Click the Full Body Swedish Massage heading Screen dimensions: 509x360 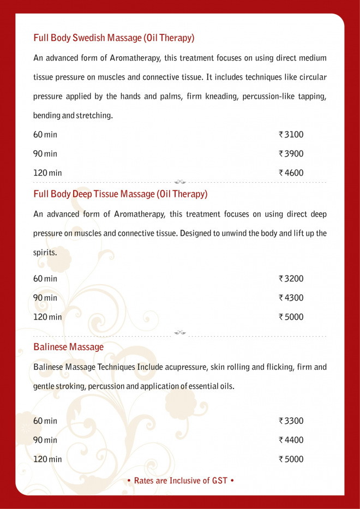(114, 38)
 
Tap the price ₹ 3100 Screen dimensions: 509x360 (291, 135)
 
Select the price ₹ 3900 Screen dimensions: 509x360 (291, 154)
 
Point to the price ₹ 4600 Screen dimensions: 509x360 (291, 173)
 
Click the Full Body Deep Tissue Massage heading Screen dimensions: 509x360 (121, 194)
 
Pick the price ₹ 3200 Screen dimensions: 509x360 (291, 279)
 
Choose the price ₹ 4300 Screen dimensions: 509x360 (291, 298)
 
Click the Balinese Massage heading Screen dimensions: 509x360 (68, 347)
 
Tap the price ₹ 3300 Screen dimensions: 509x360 (291, 421)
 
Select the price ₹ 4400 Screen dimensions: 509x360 (291, 440)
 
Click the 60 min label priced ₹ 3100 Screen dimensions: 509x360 (45, 135)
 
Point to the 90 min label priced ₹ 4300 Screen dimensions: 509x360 (45, 298)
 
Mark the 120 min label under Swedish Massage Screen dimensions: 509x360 (47, 173)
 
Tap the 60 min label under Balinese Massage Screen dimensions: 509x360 (45, 421)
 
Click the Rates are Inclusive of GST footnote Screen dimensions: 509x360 (180, 481)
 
